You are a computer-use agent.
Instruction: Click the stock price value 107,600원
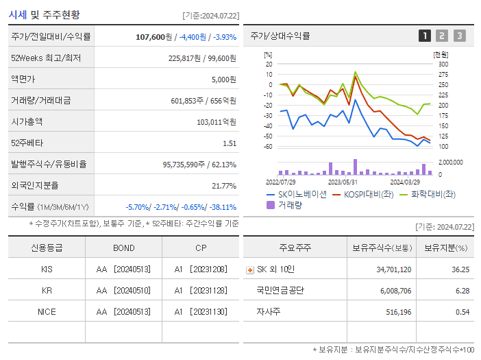coord(155,37)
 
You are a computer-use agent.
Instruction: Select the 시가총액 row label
coord(27,121)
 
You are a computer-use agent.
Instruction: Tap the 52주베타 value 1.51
coord(230,143)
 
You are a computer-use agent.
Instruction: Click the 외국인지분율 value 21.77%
coord(224,186)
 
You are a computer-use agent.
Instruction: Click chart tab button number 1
coord(425,36)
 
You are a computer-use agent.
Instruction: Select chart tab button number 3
coord(459,36)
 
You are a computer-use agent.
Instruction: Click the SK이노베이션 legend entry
coord(296,194)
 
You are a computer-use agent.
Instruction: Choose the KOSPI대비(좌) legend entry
coord(362,194)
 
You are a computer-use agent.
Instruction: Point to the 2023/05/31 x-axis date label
coord(343,182)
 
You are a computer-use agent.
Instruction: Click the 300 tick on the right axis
coord(443,64)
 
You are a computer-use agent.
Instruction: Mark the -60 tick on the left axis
coord(269,147)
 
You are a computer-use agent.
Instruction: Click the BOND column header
coord(124,248)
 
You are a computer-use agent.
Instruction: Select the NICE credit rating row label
coord(47,311)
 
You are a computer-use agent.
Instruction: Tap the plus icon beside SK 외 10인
coord(249,270)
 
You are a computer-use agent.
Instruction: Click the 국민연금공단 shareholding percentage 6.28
coord(462,291)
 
